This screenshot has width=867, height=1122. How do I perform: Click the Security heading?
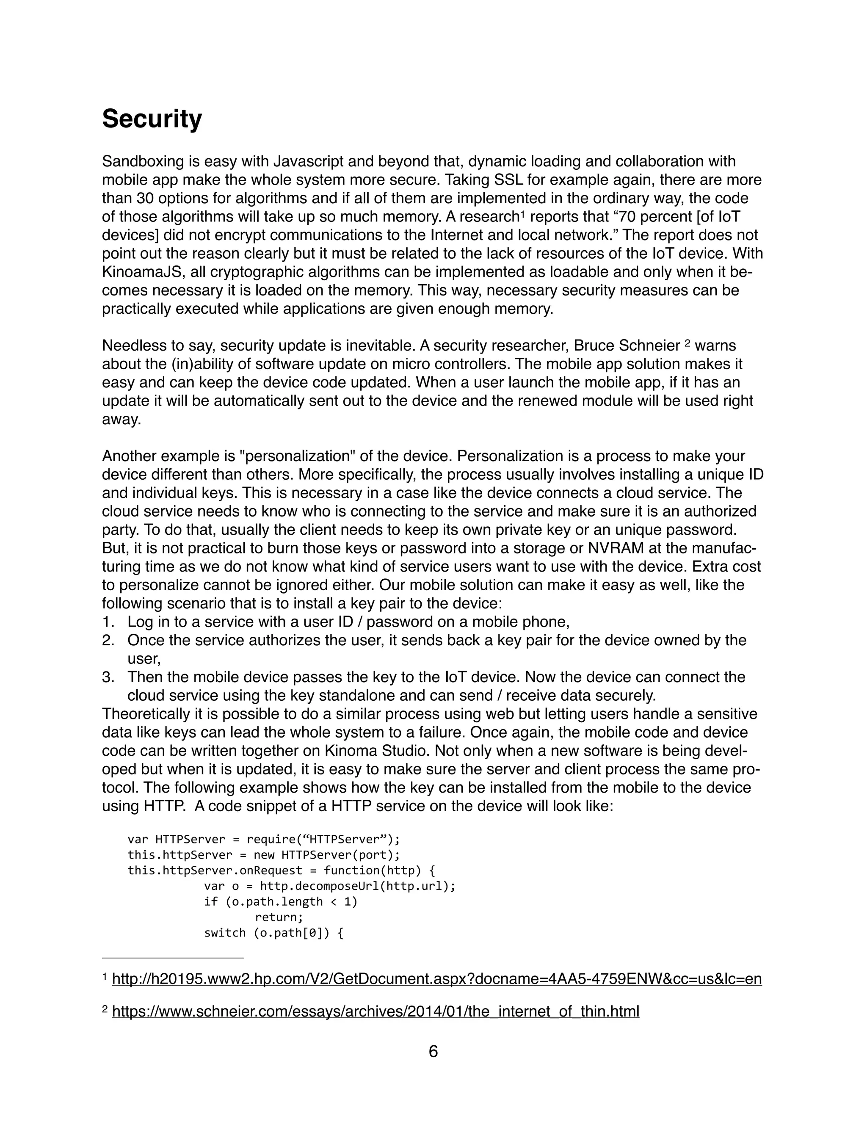pos(152,119)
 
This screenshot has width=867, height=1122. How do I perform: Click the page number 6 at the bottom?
pos(433,1052)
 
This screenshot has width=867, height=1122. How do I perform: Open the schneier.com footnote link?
pos(376,1011)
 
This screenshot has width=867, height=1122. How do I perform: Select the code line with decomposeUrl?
pos(330,886)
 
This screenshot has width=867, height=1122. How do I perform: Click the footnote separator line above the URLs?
pos(173,958)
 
